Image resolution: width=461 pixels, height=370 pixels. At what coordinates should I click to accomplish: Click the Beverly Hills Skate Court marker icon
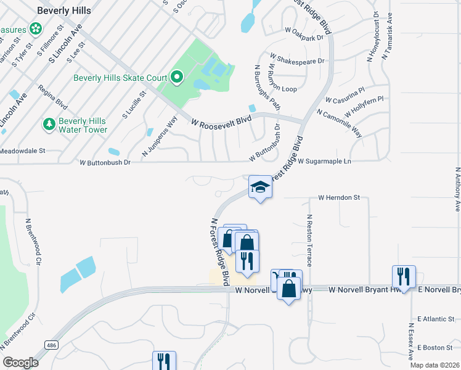[177, 78]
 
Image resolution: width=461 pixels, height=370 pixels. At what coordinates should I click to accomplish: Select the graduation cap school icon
[260, 187]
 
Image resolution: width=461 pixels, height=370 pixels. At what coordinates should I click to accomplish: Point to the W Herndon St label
[338, 198]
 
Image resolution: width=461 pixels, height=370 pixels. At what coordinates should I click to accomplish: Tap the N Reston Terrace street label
[309, 240]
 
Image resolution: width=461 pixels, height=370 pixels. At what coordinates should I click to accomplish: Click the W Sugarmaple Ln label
[324, 162]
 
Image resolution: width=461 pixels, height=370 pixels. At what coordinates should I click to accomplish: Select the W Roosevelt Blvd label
[221, 122]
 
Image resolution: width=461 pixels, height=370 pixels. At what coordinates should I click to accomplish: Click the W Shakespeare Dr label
[296, 61]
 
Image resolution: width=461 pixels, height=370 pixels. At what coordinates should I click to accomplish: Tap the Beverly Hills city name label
[64, 11]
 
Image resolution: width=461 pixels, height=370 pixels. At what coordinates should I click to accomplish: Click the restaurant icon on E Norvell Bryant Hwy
[404, 276]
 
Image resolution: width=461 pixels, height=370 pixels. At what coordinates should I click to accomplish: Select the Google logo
[20, 362]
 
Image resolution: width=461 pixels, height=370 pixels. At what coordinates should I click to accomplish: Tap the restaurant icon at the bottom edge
[164, 361]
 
